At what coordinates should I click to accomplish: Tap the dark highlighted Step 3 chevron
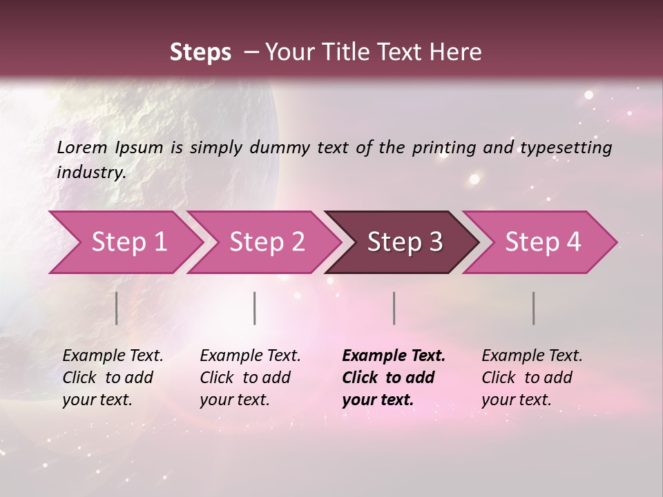coord(404,242)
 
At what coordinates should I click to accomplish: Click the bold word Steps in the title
coord(200,52)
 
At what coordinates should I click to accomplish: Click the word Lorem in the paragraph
coord(82,147)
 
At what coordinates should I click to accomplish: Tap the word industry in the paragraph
coord(91,172)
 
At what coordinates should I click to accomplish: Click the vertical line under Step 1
coord(117,308)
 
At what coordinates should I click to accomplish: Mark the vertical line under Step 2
coord(255,308)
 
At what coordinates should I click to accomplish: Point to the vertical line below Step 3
coord(394,308)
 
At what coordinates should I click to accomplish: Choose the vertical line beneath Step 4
coord(534,308)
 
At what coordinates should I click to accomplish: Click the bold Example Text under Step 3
coord(394,355)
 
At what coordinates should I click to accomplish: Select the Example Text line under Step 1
coord(113,355)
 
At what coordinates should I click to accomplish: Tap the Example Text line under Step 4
coord(532,355)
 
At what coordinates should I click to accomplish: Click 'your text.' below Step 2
coord(234,400)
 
